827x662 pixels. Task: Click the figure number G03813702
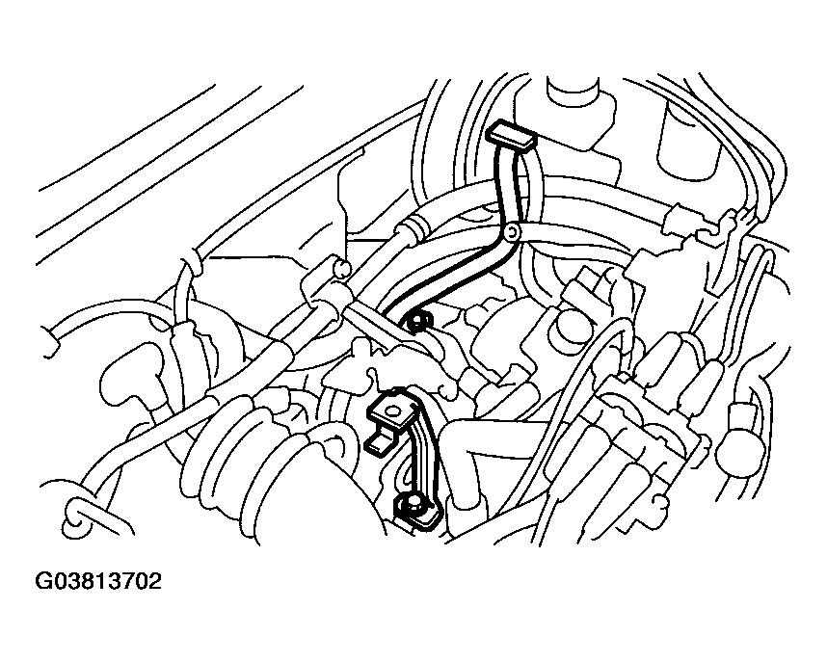coord(98,582)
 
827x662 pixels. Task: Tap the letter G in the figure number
coord(42,582)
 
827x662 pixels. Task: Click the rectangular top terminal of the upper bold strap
coord(511,134)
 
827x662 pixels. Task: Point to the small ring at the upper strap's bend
coord(512,231)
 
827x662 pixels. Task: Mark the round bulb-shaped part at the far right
coord(741,443)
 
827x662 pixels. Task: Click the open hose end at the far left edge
coord(52,343)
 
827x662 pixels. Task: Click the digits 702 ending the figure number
coord(142,582)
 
